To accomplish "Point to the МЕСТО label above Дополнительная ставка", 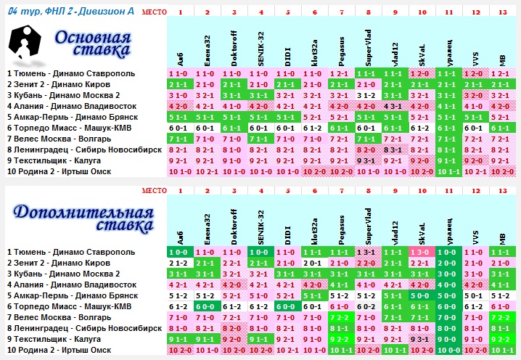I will click(154, 190).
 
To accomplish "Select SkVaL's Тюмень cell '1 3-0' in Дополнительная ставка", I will click(422, 252).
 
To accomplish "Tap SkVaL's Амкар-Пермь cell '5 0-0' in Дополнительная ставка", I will click(422, 295).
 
